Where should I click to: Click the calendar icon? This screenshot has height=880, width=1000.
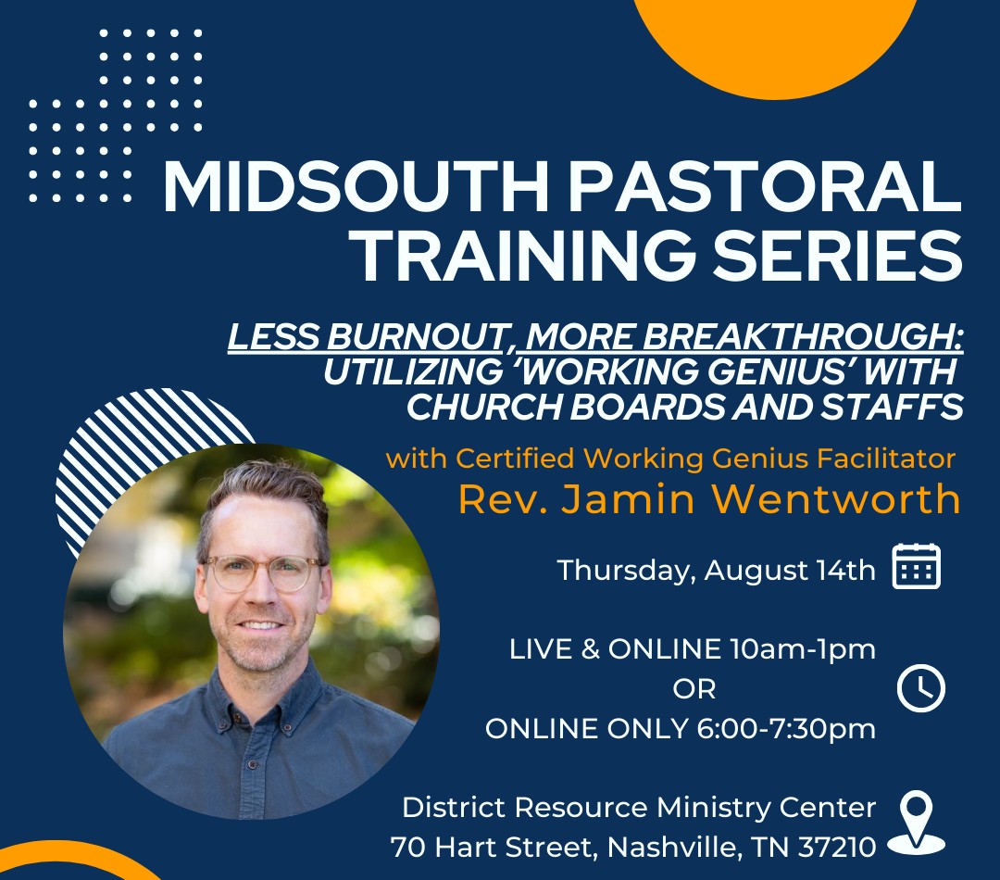point(917,566)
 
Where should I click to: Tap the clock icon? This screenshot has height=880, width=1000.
point(921,688)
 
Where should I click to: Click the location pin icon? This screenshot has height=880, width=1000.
point(917,823)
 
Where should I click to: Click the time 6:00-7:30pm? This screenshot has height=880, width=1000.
point(786,728)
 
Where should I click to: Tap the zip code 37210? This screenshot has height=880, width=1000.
point(837,847)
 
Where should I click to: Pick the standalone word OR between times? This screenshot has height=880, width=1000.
point(694,689)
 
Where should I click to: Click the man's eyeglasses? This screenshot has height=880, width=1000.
point(263,572)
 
